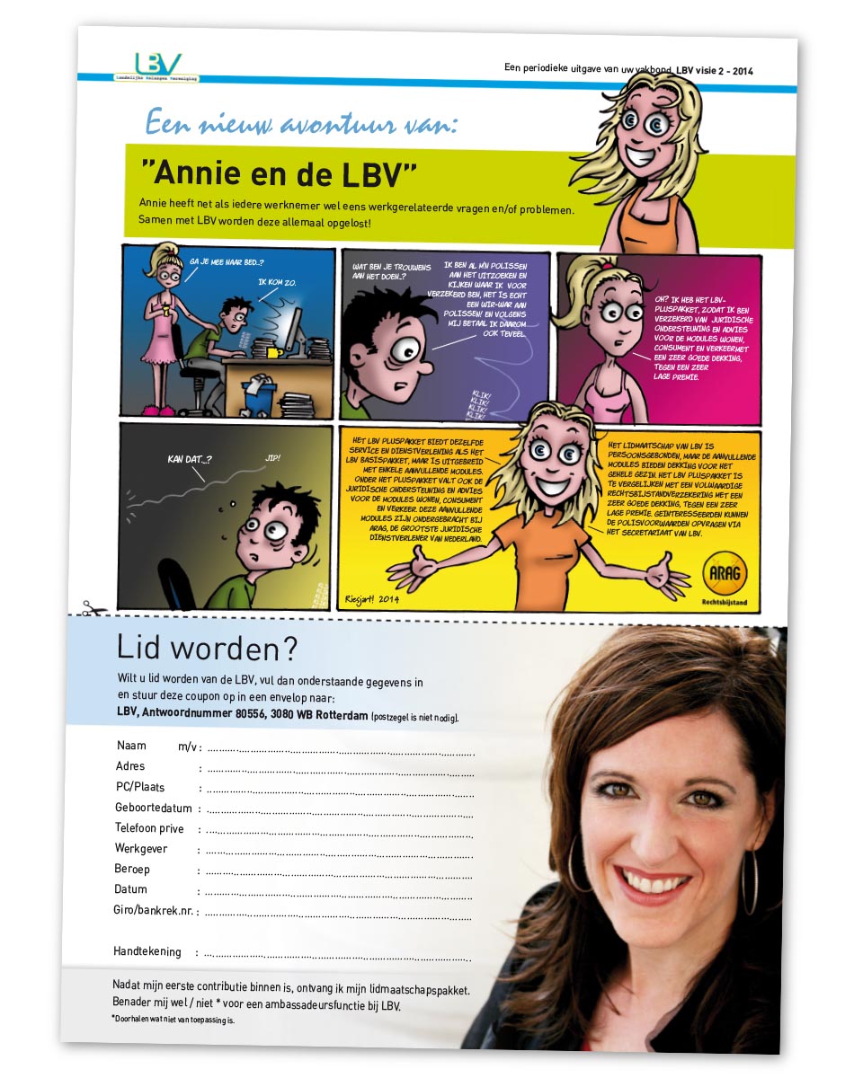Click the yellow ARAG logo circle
pos(725,572)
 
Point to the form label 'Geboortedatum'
pos(153,808)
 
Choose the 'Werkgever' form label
pos(141,849)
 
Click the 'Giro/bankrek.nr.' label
pos(154,911)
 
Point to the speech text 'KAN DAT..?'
pos(190,459)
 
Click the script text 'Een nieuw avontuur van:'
pos(301,124)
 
